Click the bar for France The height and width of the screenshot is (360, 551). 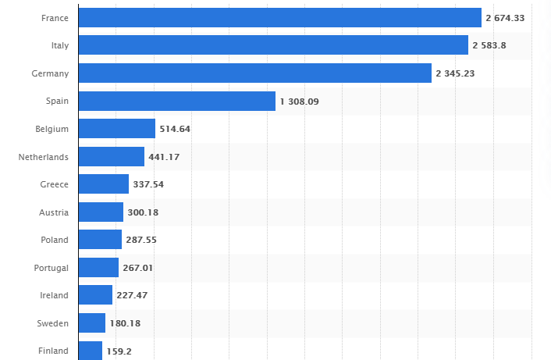[280, 18]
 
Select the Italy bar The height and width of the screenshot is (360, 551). [273, 45]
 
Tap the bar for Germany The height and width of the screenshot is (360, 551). [255, 73]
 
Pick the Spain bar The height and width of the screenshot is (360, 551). [177, 101]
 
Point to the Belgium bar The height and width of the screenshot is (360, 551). [117, 129]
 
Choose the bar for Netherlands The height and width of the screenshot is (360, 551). [112, 157]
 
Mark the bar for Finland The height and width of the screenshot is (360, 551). [91, 351]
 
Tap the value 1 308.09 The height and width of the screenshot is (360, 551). [299, 102]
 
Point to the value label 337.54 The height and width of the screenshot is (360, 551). [148, 184]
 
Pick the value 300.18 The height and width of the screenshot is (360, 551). [143, 212]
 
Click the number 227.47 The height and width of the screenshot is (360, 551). [132, 295]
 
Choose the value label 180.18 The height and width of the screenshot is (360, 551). [125, 323]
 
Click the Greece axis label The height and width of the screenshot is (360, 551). [54, 184]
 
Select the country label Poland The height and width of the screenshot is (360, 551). [54, 240]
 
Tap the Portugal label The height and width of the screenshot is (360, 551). [52, 268]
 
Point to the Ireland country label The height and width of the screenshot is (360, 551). [54, 295]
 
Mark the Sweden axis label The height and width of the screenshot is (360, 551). [52, 323]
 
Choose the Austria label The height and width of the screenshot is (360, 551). [54, 212]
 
